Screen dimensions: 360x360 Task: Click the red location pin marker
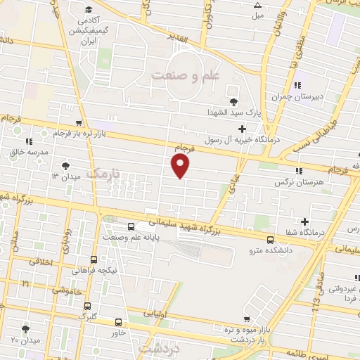coord(181,165)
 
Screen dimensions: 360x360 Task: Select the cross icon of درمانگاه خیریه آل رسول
coord(243,129)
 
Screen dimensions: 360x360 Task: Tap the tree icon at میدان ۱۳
coord(65,165)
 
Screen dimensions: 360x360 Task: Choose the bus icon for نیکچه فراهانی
coord(95,260)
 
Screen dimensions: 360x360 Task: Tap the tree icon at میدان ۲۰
coord(26,329)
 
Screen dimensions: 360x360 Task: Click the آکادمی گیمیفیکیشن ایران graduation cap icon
coord(89,9)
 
